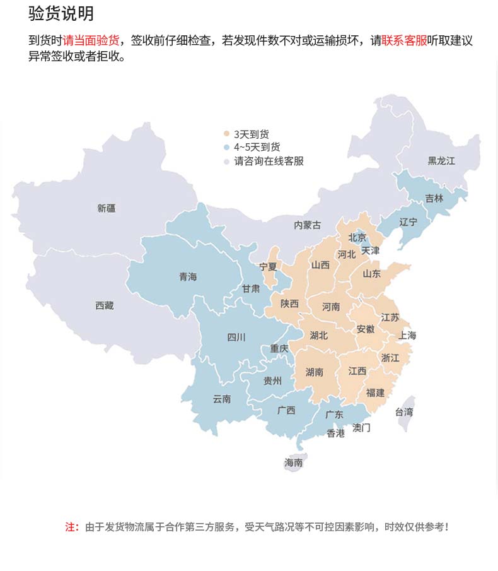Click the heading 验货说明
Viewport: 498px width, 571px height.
(61, 14)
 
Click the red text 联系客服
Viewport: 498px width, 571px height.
(404, 41)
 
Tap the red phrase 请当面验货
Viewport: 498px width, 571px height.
(91, 41)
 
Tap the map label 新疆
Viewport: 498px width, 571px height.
(107, 208)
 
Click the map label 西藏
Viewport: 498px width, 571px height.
(105, 305)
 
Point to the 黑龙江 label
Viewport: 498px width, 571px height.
(441, 161)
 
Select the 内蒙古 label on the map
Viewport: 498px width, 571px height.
(307, 225)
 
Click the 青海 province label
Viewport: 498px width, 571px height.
(188, 276)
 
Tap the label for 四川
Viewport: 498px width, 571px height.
(236, 337)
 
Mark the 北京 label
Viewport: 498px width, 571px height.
(357, 237)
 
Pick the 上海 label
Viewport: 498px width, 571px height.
(407, 335)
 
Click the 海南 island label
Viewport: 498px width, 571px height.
(293, 462)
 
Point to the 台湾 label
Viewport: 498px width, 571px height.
(404, 412)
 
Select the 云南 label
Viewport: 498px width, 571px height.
(222, 399)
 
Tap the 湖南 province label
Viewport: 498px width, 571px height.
(314, 372)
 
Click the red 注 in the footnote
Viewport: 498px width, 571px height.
(71, 527)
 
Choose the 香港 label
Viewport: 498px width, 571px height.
(335, 433)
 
